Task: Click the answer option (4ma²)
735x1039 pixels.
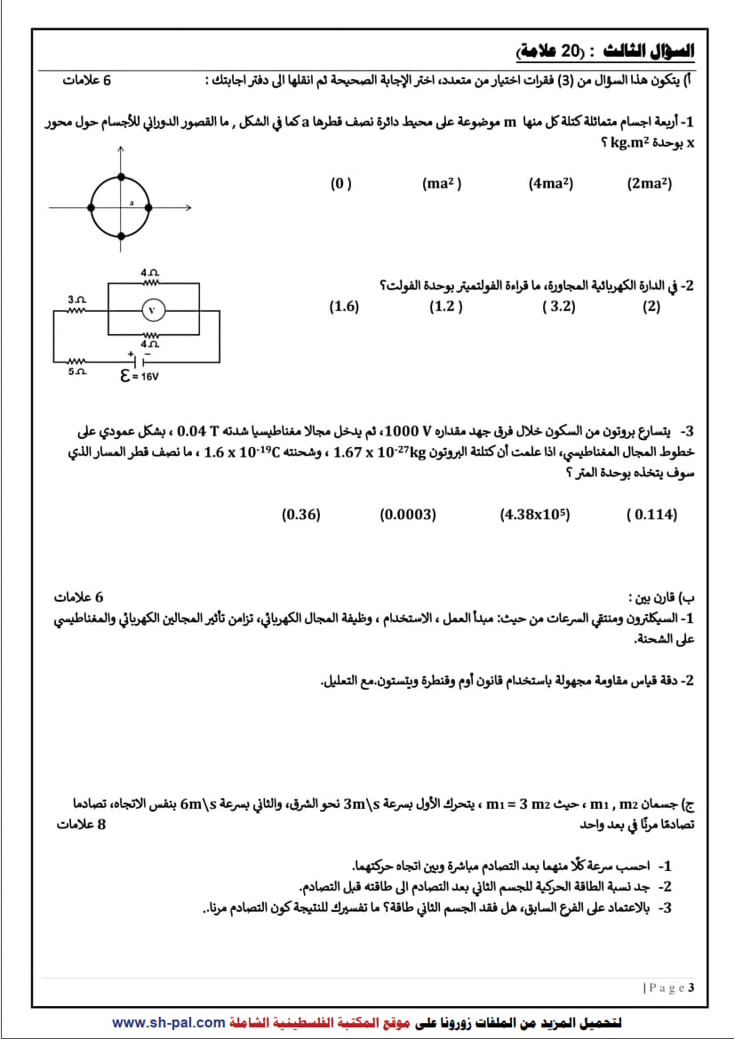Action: [x=550, y=184]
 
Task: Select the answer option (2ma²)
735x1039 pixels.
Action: [x=649, y=184]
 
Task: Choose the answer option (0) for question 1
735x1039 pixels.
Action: [x=341, y=184]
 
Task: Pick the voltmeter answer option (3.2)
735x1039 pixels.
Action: [x=558, y=307]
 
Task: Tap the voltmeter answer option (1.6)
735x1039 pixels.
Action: [x=344, y=307]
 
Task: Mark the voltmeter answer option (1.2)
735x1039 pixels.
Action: [x=446, y=307]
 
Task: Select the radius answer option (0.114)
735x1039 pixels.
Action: [x=651, y=514]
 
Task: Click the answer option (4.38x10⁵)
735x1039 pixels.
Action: [x=535, y=514]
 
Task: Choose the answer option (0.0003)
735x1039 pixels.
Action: [x=408, y=514]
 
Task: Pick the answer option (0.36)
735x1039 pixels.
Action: [x=300, y=514]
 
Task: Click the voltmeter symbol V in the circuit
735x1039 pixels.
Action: [x=152, y=309]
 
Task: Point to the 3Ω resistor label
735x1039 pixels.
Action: [x=76, y=300]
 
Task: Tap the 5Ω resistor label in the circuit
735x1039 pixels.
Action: [x=76, y=372]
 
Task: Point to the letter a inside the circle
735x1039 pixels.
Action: [x=132, y=204]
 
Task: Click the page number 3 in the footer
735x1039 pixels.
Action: [x=691, y=987]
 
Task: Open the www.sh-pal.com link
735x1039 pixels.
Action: [x=168, y=1023]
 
